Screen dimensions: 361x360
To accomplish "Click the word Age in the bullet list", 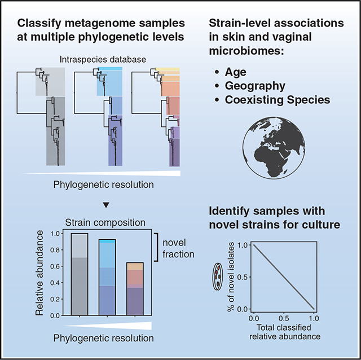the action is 237,73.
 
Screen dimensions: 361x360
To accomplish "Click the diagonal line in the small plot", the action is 283,276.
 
